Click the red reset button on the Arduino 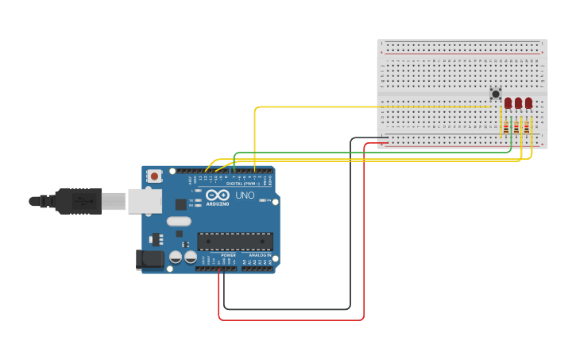point(154,175)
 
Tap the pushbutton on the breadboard point(496,95)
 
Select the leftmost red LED point(508,103)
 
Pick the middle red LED point(518,103)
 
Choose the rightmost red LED point(528,103)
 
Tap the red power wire point(364,238)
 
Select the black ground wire point(350,238)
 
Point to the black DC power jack point(149,259)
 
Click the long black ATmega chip point(235,242)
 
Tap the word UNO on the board point(245,195)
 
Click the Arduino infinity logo point(218,195)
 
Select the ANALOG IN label point(260,255)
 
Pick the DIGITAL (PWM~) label point(243,184)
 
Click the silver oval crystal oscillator point(179,222)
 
